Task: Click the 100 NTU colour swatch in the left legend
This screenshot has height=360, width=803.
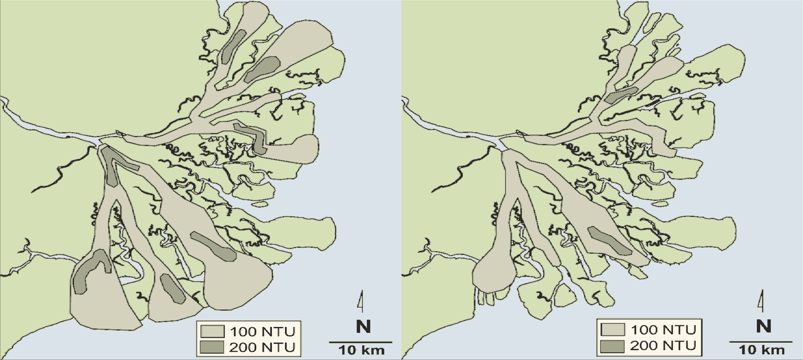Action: pyautogui.click(x=212, y=331)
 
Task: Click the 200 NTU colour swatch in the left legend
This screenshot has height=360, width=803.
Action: pyautogui.click(x=212, y=347)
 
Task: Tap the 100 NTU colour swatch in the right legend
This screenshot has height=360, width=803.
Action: pyautogui.click(x=613, y=329)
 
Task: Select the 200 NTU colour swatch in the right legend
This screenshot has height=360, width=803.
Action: pyautogui.click(x=613, y=346)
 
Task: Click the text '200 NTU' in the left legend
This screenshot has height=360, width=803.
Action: pyautogui.click(x=262, y=347)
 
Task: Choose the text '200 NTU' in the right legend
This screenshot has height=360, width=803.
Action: pyautogui.click(x=663, y=346)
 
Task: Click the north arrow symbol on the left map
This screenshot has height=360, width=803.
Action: pyautogui.click(x=361, y=301)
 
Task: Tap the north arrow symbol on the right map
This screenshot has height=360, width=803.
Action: pyautogui.click(x=762, y=301)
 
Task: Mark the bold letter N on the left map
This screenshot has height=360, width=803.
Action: pyautogui.click(x=363, y=327)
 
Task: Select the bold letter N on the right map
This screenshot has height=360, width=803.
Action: pyautogui.click(x=764, y=327)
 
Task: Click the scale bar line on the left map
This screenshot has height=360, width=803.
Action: pyautogui.click(x=360, y=342)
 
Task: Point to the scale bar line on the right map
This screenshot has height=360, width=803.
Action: pyautogui.click(x=761, y=342)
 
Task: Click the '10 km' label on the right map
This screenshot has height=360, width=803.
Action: pyautogui.click(x=762, y=350)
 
